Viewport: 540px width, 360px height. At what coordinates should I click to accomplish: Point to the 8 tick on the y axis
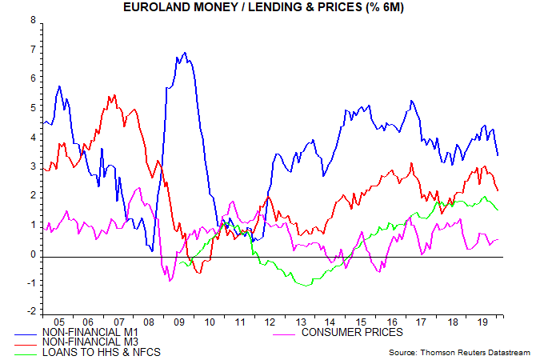(x=33, y=20)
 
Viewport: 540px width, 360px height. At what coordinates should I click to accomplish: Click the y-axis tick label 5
(x=33, y=108)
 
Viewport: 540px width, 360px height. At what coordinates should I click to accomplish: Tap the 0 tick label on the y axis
(x=33, y=254)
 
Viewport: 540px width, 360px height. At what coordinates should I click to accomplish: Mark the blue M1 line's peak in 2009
(x=185, y=54)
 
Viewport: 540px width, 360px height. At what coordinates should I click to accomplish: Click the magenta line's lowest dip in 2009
(x=170, y=280)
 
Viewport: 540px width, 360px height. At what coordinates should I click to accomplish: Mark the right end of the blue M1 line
(x=498, y=155)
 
